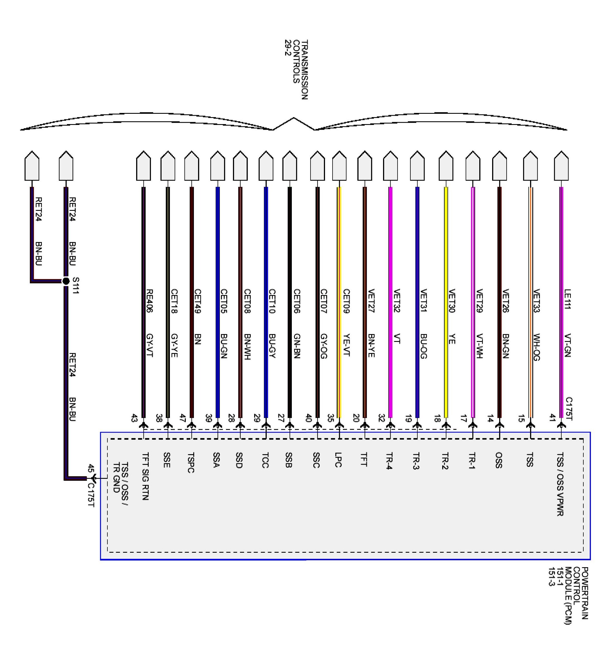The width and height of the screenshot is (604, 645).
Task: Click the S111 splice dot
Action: [x=66, y=281]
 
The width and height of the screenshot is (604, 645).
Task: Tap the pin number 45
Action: [x=91, y=468]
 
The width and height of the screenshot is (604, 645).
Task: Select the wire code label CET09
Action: [x=346, y=301]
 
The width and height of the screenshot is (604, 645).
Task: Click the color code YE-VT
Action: [x=346, y=345]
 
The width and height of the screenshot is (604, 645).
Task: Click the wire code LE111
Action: [x=568, y=299]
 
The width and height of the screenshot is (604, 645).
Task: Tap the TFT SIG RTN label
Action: [x=146, y=476]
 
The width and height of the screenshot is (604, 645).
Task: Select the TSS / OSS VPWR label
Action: [x=560, y=484]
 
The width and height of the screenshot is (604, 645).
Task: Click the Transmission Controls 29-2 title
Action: [x=296, y=69]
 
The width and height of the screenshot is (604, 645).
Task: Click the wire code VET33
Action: [x=536, y=300]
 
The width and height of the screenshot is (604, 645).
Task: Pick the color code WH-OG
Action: [x=536, y=347]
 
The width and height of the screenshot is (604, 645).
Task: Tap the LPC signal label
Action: [x=338, y=460]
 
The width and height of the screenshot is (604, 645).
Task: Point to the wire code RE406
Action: [x=150, y=301]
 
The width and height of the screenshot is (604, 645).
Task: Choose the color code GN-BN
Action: [x=297, y=346]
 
